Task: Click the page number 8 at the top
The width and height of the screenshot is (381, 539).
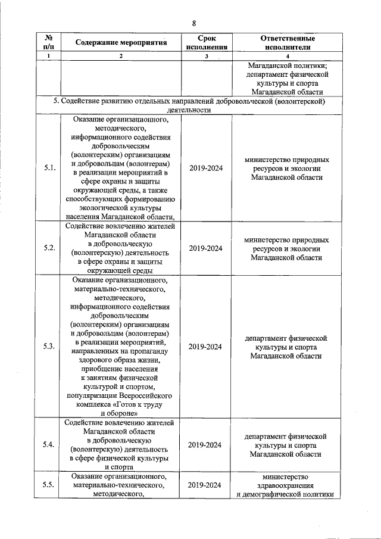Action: (x=193, y=23)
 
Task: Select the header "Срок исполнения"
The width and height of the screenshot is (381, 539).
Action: (x=207, y=42)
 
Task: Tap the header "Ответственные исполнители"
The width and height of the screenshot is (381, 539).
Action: (x=287, y=42)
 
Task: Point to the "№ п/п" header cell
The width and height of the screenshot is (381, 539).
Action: (x=49, y=42)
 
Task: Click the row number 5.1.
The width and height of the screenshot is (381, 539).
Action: (x=49, y=169)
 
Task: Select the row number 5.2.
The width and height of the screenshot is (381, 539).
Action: (x=49, y=248)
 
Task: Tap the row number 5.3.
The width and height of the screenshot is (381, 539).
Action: (x=49, y=347)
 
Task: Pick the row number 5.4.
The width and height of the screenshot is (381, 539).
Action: (x=49, y=445)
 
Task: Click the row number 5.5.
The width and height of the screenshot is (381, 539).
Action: (x=49, y=484)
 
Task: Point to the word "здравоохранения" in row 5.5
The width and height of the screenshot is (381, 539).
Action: (x=287, y=485)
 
